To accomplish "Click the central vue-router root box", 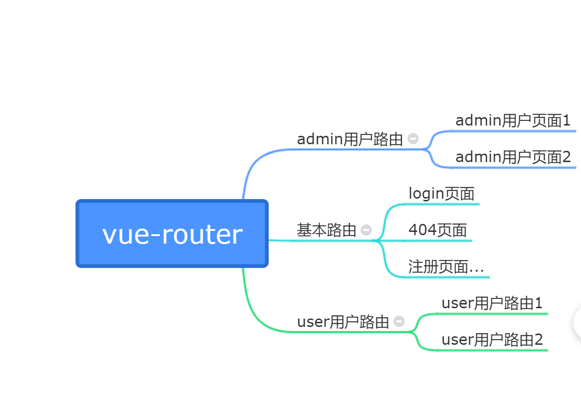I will point(172,234).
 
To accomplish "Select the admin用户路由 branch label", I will point(350,139).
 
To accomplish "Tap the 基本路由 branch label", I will point(326,230).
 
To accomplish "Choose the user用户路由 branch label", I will point(343,322).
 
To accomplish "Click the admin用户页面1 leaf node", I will point(513,121).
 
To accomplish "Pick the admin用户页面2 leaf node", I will point(513,157).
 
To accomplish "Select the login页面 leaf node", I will point(441,193).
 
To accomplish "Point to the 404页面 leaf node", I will point(438,230).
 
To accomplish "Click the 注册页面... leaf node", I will point(446,267).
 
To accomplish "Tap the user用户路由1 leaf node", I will point(492,303).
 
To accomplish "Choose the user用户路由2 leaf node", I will point(492,340).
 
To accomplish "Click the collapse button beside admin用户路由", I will point(413,139).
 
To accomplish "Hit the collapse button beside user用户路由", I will point(399,321).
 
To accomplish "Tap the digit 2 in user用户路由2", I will point(539,340).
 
